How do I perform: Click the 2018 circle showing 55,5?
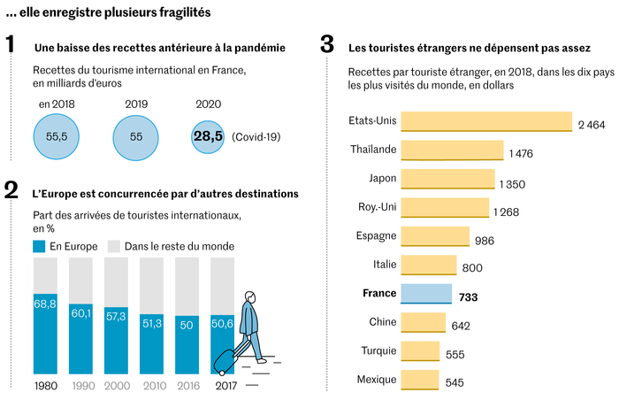[x=57, y=138]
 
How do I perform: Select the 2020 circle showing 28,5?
[x=208, y=137]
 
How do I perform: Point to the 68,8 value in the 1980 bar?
[x=45, y=304]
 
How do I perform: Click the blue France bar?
[x=426, y=294]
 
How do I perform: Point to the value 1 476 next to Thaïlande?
[x=521, y=154]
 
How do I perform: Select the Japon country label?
[x=382, y=178]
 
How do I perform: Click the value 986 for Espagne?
[x=485, y=241]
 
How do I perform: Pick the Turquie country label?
[x=378, y=351]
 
